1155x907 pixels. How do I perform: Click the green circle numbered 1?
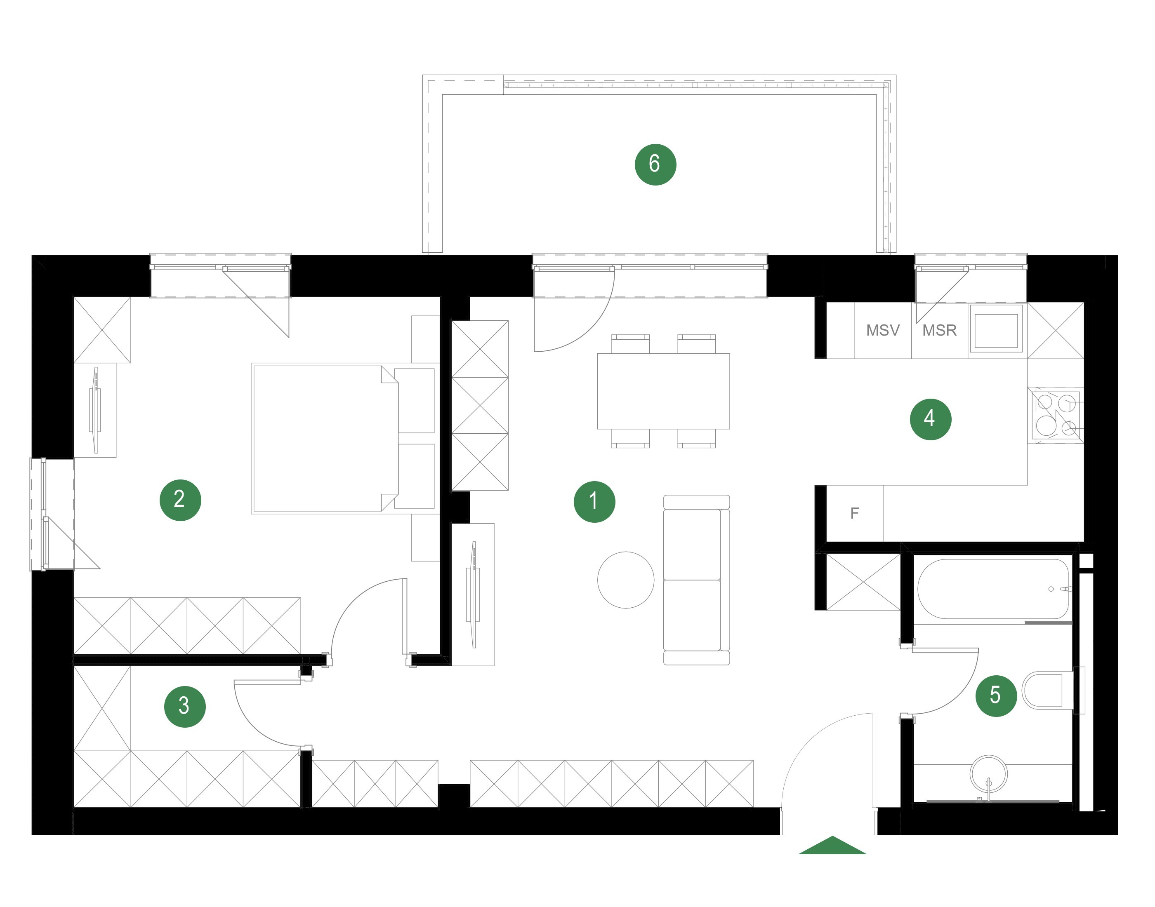[594, 502]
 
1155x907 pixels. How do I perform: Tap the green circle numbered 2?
[180, 500]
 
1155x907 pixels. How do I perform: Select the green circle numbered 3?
[185, 706]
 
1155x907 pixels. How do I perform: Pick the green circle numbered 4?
[930, 419]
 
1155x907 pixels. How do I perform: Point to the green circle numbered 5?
[996, 696]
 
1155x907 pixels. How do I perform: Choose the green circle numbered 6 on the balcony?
[655, 164]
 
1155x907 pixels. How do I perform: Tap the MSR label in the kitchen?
[939, 330]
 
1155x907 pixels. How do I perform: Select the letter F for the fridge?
[854, 513]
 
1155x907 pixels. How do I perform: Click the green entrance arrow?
[832, 846]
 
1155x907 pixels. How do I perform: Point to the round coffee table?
[626, 580]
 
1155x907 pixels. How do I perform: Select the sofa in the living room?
[697, 580]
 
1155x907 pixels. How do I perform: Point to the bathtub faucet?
[1065, 589]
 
